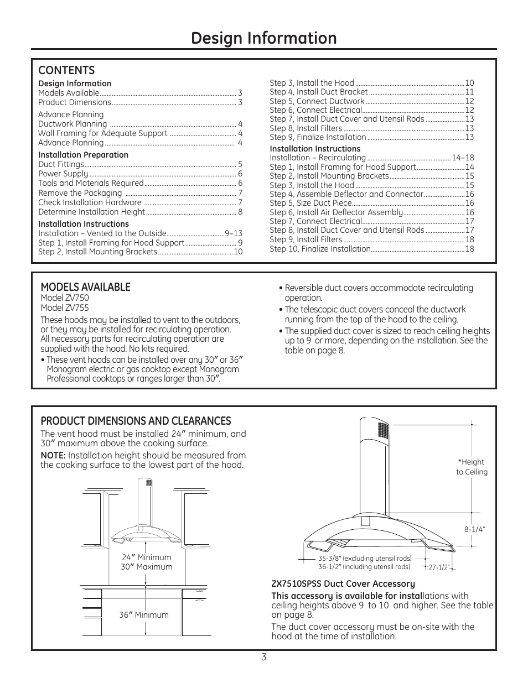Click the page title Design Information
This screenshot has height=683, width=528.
click(263, 38)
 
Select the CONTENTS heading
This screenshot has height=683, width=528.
click(66, 70)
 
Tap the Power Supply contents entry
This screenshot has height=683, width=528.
click(63, 174)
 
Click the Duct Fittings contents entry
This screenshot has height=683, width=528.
click(61, 164)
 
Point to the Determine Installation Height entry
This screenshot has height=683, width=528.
click(91, 212)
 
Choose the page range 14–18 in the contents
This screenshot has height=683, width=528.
click(463, 158)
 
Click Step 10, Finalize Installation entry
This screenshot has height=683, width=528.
click(320, 249)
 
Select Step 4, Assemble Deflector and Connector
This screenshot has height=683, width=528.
click(346, 194)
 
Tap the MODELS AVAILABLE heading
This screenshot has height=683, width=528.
click(85, 286)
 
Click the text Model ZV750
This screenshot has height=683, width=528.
click(64, 298)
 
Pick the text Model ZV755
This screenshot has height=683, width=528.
click(64, 308)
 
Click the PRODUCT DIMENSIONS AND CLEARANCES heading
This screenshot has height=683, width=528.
click(136, 421)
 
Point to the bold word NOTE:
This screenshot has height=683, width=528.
click(53, 456)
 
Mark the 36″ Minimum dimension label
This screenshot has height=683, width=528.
click(144, 615)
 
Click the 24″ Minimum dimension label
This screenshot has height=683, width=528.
click(147, 557)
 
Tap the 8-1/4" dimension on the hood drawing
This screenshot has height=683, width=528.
click(474, 529)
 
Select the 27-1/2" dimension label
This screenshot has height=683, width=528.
click(439, 567)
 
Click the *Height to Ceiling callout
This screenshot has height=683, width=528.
click(472, 467)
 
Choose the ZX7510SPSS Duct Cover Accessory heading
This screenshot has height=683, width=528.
click(343, 584)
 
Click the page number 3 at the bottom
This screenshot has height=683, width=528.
click(264, 658)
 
